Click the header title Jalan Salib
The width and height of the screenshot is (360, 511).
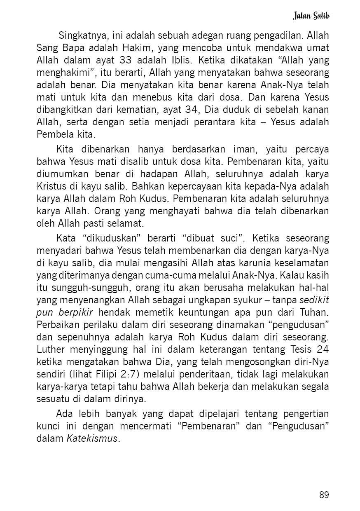[311, 16]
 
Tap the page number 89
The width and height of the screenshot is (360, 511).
[324, 495]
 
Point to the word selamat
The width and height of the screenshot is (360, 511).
[129, 224]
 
